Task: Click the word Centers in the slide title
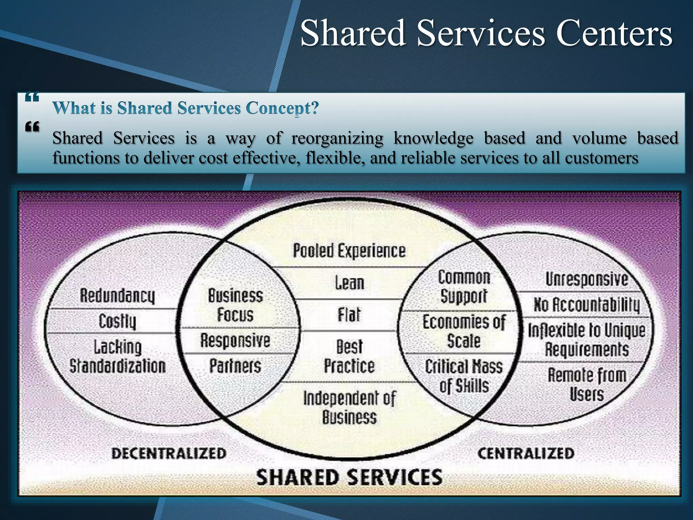click(614, 33)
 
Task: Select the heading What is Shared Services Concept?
click(185, 108)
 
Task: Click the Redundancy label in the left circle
click(117, 296)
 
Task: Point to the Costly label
click(117, 321)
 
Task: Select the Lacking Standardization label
click(117, 356)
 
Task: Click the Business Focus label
click(235, 305)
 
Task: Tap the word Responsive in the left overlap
click(235, 340)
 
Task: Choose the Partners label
click(235, 366)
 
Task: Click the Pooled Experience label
click(349, 251)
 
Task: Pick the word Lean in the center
click(350, 283)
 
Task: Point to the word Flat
click(349, 315)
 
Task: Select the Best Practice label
click(349, 356)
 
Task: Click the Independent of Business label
click(349, 408)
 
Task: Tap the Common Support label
click(464, 287)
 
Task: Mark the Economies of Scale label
click(464, 331)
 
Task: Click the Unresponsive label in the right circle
click(586, 279)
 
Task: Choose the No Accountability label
click(586, 305)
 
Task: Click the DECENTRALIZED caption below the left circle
click(169, 453)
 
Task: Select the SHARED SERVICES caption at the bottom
click(349, 477)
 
